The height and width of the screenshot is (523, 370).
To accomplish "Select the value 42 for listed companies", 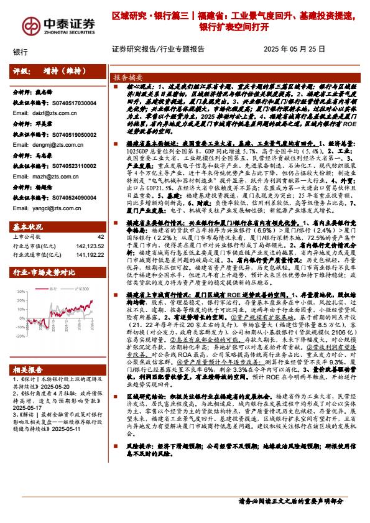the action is [x=101, y=237].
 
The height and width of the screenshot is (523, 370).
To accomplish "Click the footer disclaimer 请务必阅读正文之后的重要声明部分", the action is [x=291, y=501].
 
